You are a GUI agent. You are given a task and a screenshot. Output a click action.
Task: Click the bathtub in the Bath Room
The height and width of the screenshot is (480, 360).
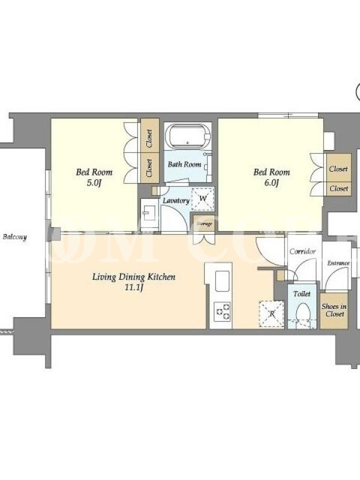coord(188,136)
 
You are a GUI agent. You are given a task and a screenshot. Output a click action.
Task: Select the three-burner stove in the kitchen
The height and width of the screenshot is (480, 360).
coord(222,311)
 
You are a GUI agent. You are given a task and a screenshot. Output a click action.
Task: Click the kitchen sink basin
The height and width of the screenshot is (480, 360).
coord(222,281)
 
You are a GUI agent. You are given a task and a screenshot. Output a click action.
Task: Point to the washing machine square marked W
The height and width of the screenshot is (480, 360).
coord(203,199)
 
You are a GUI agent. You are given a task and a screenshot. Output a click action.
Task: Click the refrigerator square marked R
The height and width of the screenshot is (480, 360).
coord(272,313)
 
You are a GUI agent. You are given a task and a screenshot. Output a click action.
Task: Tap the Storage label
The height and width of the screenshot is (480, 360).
coord(204,224)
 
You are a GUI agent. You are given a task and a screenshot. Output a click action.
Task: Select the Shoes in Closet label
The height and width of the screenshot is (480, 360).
coord(334,310)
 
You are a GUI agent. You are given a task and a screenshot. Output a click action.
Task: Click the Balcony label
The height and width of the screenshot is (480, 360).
coord(14,236)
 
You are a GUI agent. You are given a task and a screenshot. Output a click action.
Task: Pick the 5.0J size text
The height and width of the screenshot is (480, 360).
coord(94,183)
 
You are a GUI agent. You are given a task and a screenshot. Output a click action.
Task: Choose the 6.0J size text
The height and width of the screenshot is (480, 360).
coord(271,183)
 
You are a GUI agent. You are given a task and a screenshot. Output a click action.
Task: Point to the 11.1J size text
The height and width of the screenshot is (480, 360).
coord(134,288)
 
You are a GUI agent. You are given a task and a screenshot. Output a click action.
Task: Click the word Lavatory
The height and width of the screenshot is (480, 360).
coord(176,200)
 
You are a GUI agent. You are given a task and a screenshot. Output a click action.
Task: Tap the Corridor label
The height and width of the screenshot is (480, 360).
coord(302,251)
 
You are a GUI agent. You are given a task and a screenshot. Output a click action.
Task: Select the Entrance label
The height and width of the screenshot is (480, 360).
coord(338,263)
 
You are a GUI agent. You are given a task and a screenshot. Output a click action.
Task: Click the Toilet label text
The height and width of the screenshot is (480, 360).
coord(302,294)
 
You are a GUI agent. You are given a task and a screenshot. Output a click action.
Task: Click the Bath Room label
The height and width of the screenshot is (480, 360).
coord(184,164)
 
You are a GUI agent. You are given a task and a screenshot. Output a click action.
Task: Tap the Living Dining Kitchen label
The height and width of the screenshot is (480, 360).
coord(134,277)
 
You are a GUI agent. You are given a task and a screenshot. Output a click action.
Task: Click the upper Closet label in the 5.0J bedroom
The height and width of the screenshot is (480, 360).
coord(149,139)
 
